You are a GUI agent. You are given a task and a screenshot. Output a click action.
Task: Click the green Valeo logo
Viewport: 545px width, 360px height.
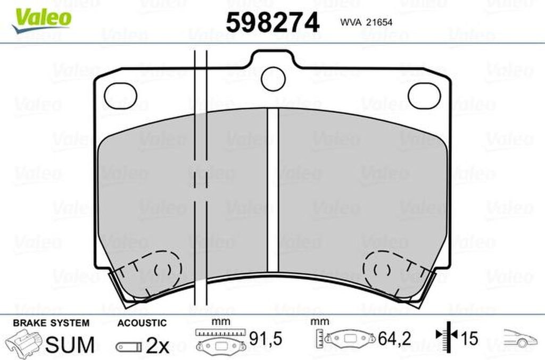pyautogui.click(x=42, y=21)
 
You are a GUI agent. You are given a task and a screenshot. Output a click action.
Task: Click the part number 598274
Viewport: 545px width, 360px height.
pyautogui.click(x=272, y=22)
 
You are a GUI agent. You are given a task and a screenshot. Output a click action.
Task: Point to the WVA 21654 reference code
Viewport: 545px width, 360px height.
pyautogui.click(x=366, y=22)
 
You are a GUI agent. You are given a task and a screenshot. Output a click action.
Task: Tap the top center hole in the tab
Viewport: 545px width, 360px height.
pyautogui.click(x=273, y=79)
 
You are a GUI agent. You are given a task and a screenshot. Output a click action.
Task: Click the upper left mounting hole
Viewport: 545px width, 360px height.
pyautogui.click(x=121, y=96)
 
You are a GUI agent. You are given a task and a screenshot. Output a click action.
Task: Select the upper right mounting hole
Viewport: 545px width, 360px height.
pyautogui.click(x=424, y=96)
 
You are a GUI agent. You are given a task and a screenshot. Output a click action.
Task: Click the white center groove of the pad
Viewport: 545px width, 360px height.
pyautogui.click(x=273, y=190)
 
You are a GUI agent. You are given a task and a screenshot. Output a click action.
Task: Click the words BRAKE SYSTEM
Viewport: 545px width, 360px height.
pyautogui.click(x=51, y=323)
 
